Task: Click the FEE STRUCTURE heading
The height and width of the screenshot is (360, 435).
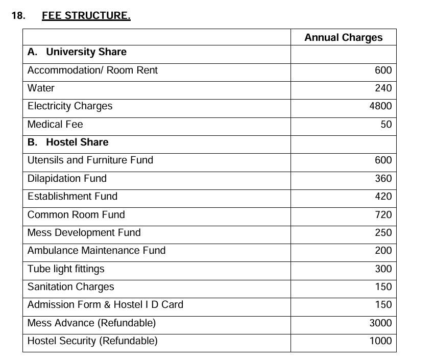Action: [86, 16]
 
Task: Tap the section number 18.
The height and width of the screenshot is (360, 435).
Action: [18, 16]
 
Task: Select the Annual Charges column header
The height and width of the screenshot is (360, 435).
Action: [343, 37]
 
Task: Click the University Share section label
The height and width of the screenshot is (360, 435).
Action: [77, 52]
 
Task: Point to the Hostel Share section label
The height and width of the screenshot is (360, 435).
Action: [68, 142]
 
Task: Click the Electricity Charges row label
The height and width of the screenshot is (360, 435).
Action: [70, 106]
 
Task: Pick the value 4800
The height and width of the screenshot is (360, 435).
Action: [380, 106]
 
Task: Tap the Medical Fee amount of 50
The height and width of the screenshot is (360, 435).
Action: [386, 124]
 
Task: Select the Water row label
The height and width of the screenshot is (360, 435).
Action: [41, 88]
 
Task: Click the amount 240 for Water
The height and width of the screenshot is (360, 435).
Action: [383, 88]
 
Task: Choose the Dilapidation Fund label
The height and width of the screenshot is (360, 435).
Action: [67, 178]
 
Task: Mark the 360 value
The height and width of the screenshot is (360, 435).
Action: [383, 178]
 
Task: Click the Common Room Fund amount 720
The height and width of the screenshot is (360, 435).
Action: [383, 214]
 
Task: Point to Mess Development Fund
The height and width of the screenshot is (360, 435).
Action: [84, 233]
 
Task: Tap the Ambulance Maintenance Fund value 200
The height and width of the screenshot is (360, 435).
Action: [383, 251]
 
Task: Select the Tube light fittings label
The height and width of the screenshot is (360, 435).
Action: [66, 269]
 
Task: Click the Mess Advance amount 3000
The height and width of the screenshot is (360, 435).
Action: [380, 323]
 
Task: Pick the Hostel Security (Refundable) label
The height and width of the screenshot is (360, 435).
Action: [92, 341]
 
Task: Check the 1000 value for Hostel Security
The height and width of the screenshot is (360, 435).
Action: [380, 341]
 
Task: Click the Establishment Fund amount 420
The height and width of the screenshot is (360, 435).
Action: [383, 197]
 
